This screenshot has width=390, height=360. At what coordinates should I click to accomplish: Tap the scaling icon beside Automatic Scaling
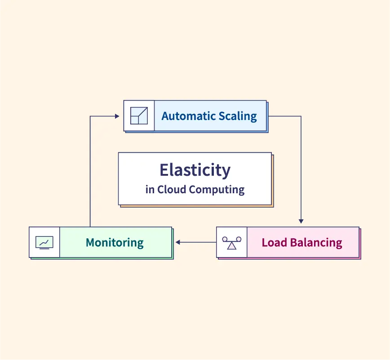[139, 116]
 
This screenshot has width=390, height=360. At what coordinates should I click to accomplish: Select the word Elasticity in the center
[195, 170]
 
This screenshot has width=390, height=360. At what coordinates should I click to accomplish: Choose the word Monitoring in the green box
[115, 243]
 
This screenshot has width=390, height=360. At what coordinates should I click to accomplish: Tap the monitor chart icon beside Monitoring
[44, 243]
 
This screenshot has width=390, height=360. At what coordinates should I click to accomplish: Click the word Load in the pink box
[274, 243]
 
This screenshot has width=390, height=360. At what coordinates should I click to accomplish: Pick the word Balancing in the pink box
[315, 243]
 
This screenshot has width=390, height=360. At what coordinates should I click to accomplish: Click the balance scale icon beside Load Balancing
[231, 243]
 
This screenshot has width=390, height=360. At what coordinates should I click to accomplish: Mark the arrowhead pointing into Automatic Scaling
[117, 116]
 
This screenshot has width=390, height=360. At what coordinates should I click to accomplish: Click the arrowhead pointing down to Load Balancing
[301, 221]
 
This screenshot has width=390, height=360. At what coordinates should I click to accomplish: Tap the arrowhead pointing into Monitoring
[178, 242]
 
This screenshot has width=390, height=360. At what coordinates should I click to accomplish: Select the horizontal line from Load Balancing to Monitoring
[198, 242]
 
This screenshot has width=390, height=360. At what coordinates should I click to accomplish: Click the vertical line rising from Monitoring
[90, 171]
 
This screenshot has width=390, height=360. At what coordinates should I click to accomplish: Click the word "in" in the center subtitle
[150, 189]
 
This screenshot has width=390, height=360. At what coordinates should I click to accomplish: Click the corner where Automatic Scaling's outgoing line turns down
[301, 116]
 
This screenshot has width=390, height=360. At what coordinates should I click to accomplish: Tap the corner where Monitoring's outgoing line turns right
[90, 116]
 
